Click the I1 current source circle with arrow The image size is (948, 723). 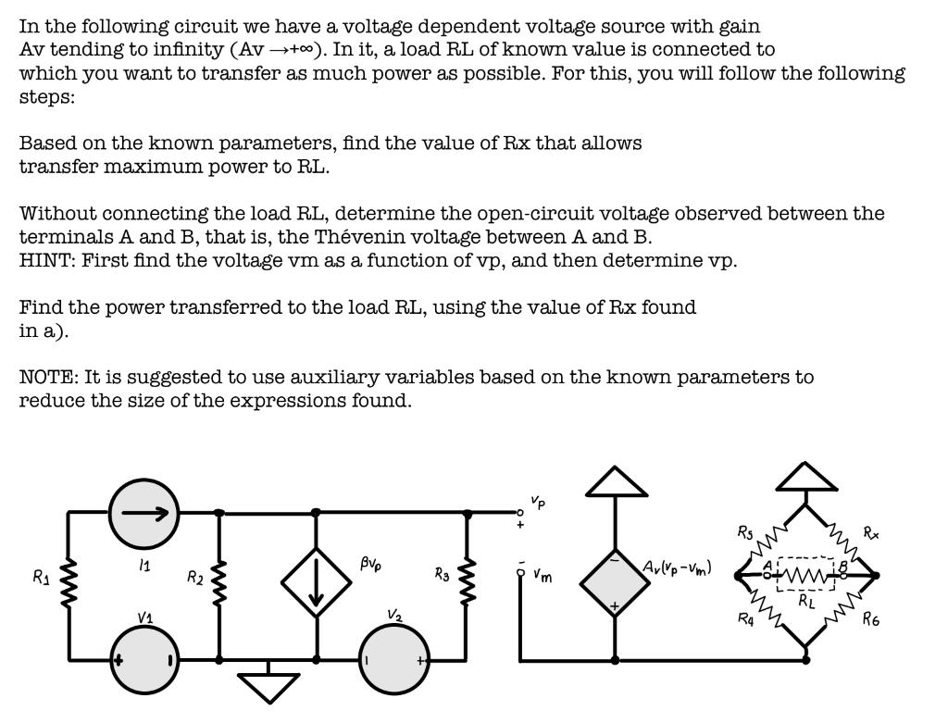(143, 512)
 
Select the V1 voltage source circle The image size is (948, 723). (144, 660)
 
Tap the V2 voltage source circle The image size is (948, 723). (395, 660)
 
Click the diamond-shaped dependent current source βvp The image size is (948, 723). (316, 581)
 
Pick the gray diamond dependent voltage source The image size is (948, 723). (615, 580)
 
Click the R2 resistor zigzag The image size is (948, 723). (219, 580)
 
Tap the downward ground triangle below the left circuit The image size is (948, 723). (268, 686)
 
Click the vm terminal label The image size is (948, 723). (543, 576)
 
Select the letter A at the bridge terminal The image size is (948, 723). (767, 565)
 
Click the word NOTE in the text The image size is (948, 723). (47, 377)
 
